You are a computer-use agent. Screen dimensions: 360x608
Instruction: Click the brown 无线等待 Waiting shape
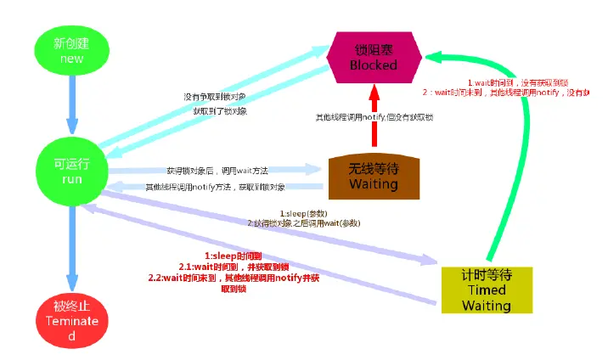[x=374, y=177]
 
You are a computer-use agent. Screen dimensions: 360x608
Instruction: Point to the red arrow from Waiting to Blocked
[x=374, y=119]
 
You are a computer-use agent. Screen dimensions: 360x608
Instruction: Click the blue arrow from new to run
[x=72, y=106]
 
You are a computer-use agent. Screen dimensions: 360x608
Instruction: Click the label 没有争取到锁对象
[x=215, y=97]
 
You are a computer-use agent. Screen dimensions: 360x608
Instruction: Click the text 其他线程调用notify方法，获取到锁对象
[x=216, y=187]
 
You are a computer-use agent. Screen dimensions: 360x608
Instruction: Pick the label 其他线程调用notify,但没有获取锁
[x=374, y=116]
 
